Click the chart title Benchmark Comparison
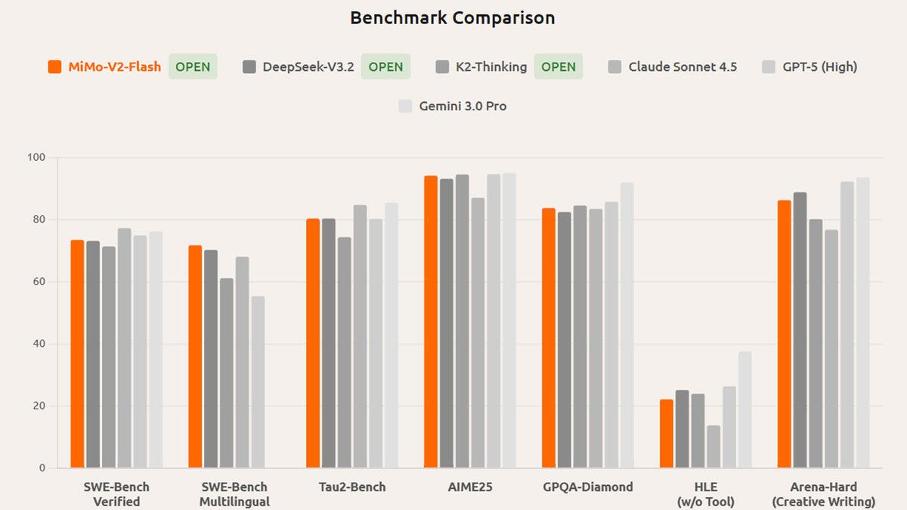[452, 18]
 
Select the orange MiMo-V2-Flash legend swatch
[54, 66]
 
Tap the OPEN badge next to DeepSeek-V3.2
[385, 66]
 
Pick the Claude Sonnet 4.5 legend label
[683, 66]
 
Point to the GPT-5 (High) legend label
[819, 66]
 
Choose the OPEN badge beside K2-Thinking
[559, 66]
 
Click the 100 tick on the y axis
[36, 157]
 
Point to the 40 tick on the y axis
[39, 344]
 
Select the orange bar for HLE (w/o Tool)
[666, 434]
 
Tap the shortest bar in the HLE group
[714, 447]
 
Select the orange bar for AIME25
[430, 322]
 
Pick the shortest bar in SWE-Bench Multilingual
[258, 382]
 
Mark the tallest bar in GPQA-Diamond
[627, 325]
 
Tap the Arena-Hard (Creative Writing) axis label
[823, 494]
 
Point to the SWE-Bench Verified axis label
[116, 494]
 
